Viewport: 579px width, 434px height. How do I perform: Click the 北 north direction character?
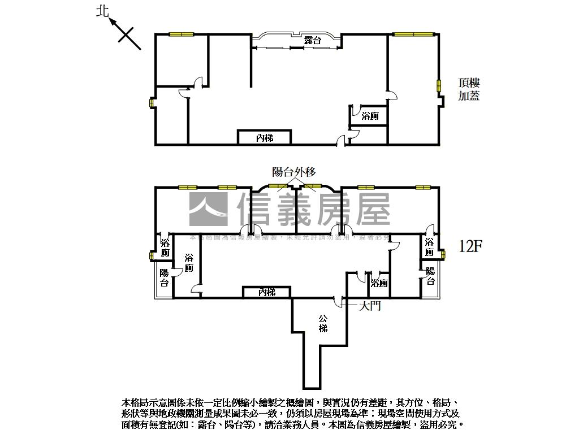coord(102,11)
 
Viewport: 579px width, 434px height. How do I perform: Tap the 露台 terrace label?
coord(313,41)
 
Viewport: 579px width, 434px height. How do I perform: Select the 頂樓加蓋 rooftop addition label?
coord(469,89)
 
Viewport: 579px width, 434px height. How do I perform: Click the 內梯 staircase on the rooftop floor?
coord(264,137)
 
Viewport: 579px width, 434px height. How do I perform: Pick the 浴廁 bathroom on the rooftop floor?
coord(370,116)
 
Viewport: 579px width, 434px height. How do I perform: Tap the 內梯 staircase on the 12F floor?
coord(266,292)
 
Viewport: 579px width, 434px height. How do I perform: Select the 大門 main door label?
coord(370,306)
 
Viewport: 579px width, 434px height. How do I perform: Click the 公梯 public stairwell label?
coord(322,323)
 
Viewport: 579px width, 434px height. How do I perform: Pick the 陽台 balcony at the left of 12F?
coord(164,277)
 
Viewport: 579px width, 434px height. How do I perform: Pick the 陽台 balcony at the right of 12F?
coord(430,276)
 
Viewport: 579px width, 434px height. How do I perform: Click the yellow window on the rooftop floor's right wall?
coord(439,85)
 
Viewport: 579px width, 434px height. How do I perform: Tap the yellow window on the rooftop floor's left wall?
coord(151,104)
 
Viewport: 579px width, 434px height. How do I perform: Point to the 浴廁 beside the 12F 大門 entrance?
coord(379,283)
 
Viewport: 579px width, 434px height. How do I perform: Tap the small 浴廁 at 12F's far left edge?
coord(165,248)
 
